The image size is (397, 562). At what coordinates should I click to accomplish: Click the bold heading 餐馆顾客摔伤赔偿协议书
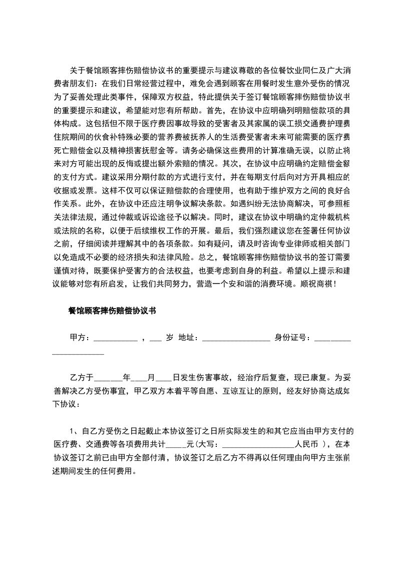click(x=112, y=311)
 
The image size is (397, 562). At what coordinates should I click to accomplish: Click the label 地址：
click(x=190, y=337)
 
